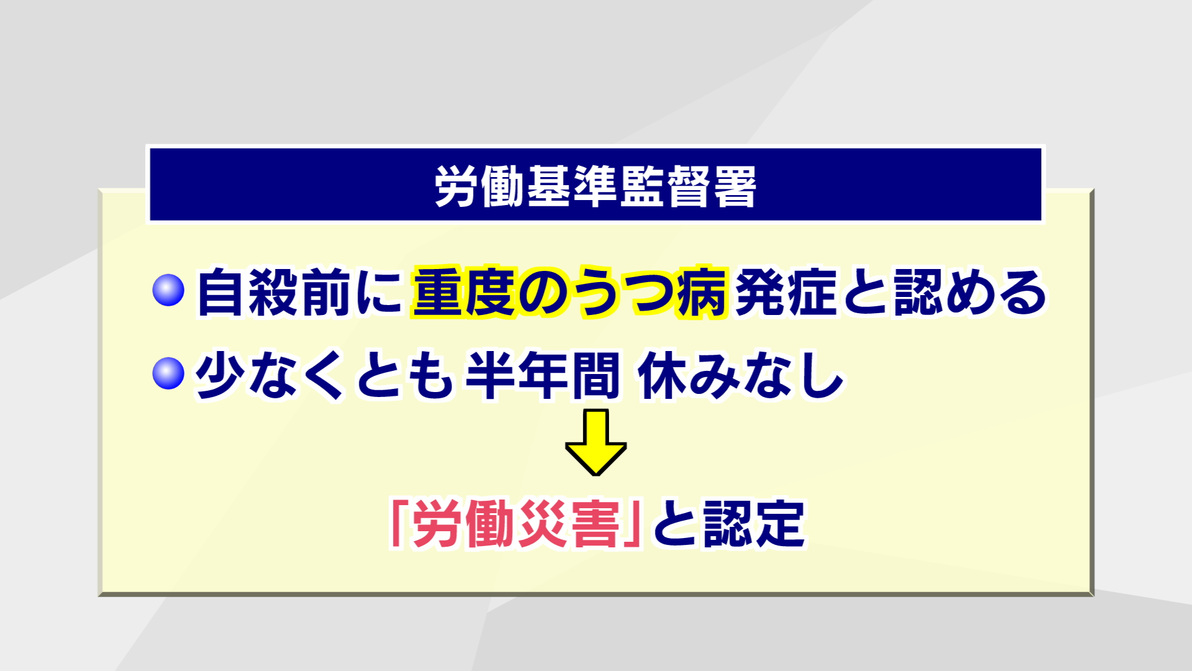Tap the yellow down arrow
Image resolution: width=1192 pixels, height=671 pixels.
point(596,442)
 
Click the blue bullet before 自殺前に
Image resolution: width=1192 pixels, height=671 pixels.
point(168,290)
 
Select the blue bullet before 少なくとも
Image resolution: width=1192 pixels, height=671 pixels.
point(168,373)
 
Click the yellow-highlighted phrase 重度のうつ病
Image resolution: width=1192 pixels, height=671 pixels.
point(569,292)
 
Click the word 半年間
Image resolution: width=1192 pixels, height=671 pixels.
point(543,375)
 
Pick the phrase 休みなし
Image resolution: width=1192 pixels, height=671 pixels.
point(741,375)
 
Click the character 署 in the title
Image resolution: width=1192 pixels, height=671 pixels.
point(735,186)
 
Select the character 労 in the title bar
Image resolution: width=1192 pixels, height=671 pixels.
point(456,186)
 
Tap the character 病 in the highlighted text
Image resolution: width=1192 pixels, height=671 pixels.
point(702,292)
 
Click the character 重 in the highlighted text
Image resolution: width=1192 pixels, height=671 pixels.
point(438,292)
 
